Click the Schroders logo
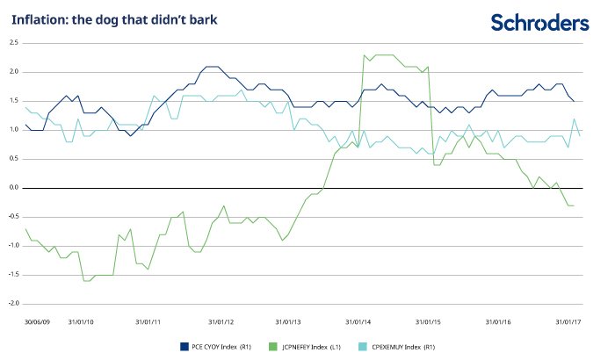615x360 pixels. [x=539, y=22]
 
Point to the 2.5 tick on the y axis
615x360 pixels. [x=14, y=42]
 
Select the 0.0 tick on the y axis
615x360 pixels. [x=14, y=187]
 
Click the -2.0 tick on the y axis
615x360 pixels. [x=13, y=303]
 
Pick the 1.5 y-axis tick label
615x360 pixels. [x=14, y=100]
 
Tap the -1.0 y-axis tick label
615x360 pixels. [x=13, y=245]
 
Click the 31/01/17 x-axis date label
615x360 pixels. [x=569, y=321]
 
